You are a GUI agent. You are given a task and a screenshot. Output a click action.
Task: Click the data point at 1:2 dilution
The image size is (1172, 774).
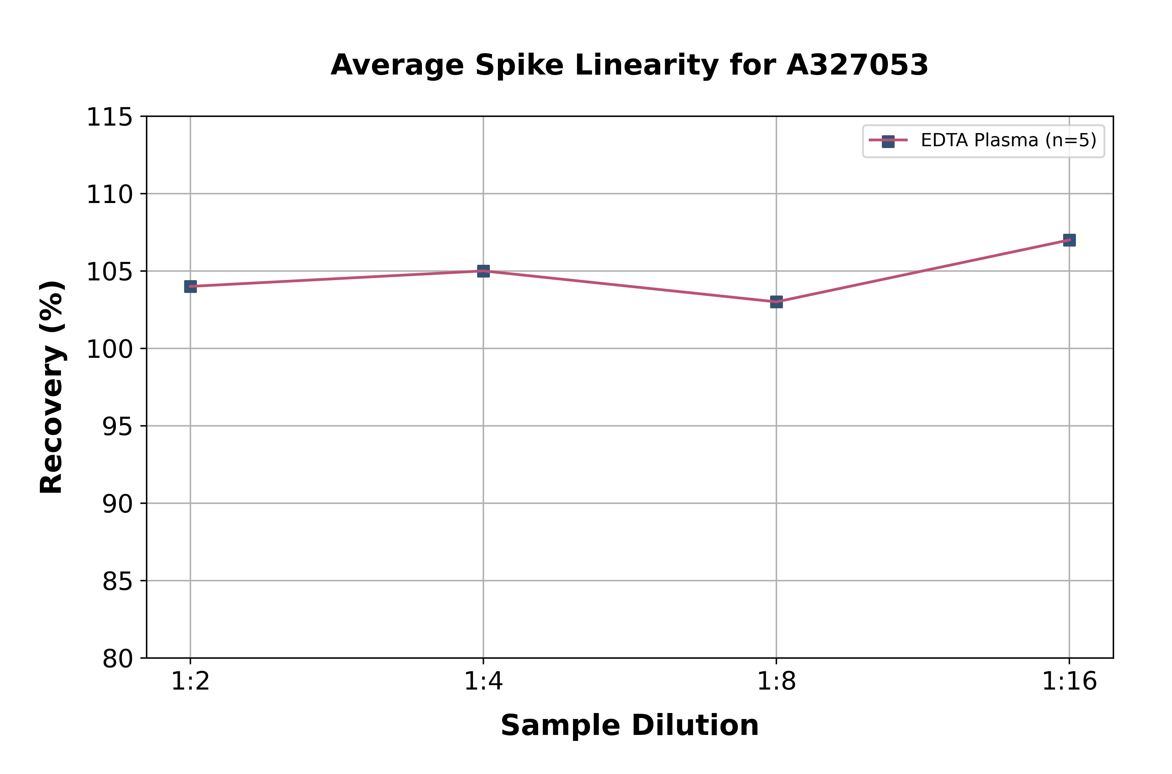point(190,286)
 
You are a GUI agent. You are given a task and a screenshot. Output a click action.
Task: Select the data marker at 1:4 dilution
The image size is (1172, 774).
point(483,271)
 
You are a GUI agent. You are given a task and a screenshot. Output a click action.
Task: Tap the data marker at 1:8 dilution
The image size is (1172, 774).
point(776,302)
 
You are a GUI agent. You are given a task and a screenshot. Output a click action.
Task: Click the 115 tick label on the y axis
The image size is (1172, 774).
point(109,118)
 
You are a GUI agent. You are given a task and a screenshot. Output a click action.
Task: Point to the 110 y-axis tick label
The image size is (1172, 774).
point(109,194)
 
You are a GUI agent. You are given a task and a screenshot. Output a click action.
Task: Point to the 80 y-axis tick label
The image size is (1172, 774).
point(117,659)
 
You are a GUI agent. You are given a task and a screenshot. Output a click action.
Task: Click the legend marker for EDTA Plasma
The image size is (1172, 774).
point(888,141)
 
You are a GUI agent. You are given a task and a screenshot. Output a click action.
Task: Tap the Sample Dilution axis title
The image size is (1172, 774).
point(629,726)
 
